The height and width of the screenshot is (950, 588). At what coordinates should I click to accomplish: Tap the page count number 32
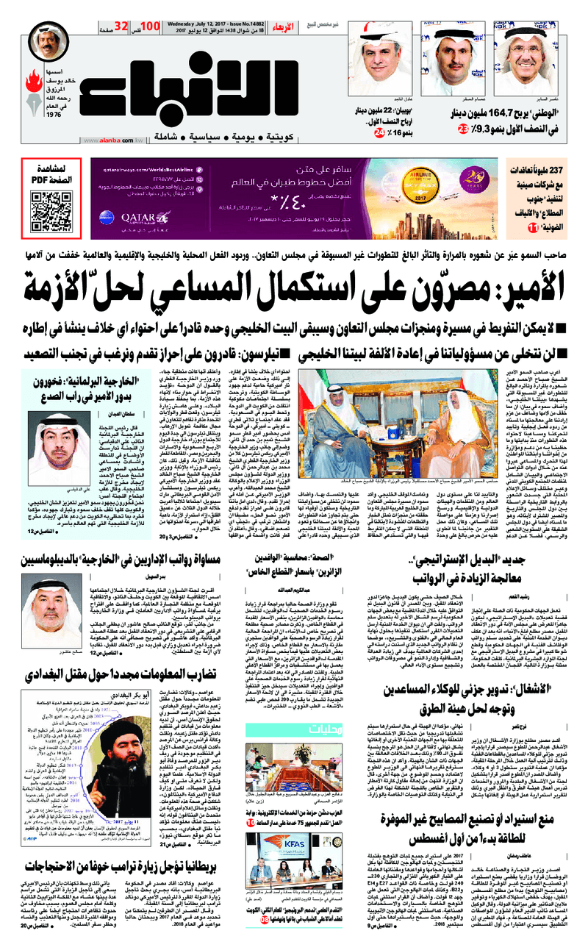tap(121, 26)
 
